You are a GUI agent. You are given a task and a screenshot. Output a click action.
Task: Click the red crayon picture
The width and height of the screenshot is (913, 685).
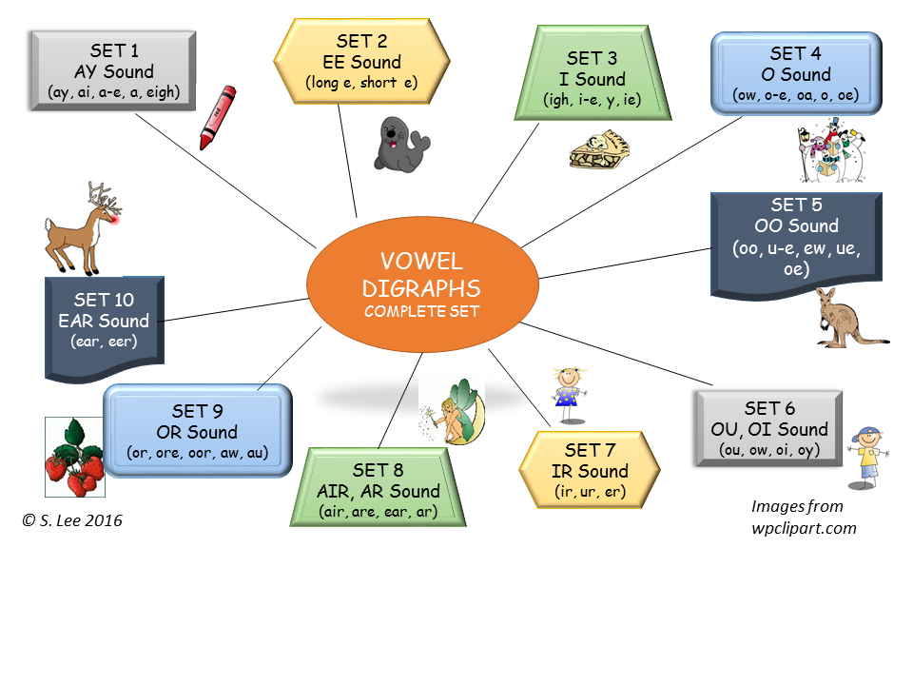tap(217, 117)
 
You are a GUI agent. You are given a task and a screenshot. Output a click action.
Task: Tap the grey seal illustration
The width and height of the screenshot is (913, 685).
tap(400, 146)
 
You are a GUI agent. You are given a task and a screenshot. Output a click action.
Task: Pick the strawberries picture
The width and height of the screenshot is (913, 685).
tap(74, 462)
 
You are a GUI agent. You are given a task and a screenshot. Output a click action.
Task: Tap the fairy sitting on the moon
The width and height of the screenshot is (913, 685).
tap(452, 410)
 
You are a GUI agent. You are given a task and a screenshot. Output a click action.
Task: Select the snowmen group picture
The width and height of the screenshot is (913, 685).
tap(829, 150)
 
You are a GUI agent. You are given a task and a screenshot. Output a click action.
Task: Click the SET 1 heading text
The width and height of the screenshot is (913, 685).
tap(113, 51)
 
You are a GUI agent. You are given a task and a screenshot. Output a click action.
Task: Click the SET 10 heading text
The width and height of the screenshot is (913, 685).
tap(105, 300)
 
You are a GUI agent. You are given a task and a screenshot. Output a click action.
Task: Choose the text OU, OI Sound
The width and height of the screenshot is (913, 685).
tap(770, 429)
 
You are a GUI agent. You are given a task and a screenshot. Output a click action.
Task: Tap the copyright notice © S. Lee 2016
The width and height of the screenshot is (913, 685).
tap(73, 520)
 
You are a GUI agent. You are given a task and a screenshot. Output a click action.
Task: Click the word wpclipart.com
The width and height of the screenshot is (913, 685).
tap(804, 528)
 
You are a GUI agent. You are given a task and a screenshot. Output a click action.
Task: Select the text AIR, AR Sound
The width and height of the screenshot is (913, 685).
tap(379, 491)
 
